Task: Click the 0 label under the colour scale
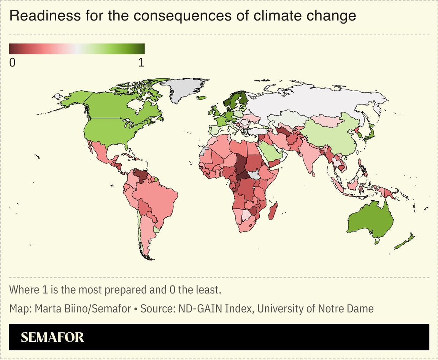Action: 12,63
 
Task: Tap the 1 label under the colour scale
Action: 141,63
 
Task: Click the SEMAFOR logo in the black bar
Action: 52,337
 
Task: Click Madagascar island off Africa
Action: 273,211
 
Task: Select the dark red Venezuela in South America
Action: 142,176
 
